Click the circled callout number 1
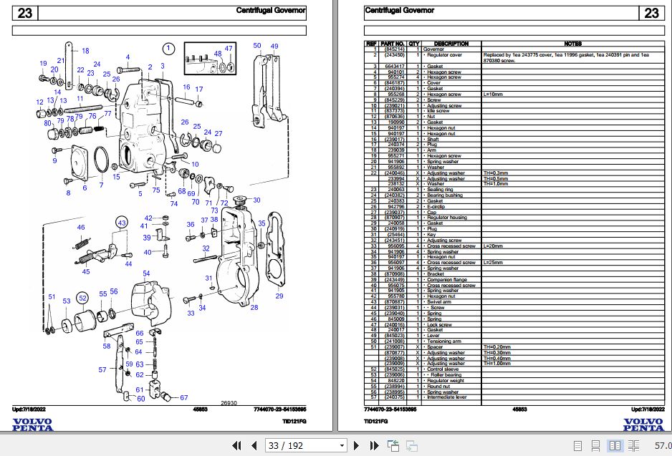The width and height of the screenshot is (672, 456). click(168, 49)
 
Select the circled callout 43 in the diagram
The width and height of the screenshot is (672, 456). click(122, 223)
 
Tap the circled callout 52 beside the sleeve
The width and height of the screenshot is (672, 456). click(83, 297)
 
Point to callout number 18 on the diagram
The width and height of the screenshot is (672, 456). click(85, 51)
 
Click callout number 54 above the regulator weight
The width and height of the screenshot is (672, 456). click(146, 273)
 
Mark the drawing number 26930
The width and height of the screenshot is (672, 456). click(229, 402)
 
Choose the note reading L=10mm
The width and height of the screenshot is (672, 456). click(494, 94)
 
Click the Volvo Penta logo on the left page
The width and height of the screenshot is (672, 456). click(32, 424)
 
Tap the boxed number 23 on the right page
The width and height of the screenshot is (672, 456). click(651, 13)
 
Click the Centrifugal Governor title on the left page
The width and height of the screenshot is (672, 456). click(271, 11)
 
